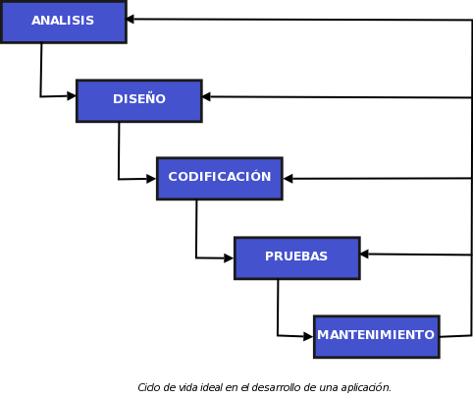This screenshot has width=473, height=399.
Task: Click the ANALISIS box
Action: click(63, 22)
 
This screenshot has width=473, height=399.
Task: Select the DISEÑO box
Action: click(138, 100)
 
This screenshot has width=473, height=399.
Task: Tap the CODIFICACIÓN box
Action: click(219, 178)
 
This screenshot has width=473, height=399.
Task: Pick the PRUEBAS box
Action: click(296, 257)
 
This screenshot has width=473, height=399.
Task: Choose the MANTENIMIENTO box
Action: click(376, 336)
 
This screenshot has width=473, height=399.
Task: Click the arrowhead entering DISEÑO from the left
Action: click(72, 96)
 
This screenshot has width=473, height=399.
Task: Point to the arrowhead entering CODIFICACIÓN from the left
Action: click(151, 179)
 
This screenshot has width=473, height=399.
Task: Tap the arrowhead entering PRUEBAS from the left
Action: click(229, 258)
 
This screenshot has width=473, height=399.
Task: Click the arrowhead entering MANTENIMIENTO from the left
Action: click(308, 337)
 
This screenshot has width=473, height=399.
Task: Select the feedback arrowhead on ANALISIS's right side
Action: click(131, 19)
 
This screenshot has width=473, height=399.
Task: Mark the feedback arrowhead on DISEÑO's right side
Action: click(207, 96)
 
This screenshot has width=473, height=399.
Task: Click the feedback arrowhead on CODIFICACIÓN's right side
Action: click(288, 179)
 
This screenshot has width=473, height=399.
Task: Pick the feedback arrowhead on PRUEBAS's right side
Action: click(364, 254)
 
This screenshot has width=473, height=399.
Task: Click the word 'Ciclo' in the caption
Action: click(149, 387)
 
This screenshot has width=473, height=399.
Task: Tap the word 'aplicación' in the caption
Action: click(365, 387)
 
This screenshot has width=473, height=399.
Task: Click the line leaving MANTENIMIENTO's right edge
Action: click(455, 336)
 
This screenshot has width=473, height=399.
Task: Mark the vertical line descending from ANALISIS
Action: click(41, 69)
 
